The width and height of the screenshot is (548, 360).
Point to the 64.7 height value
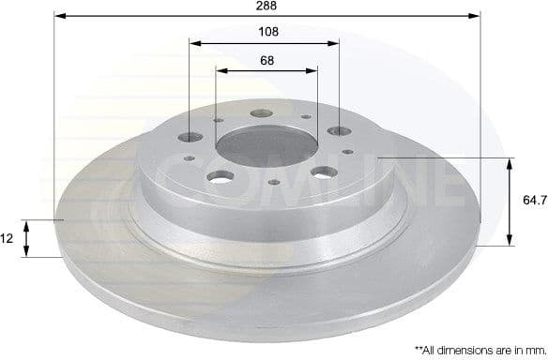[530, 200]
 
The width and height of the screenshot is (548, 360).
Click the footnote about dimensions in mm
[475, 348]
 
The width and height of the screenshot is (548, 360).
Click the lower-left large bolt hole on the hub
[222, 176]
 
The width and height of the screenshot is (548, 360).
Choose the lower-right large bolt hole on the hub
[323, 172]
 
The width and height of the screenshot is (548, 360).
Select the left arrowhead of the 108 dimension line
[195, 42]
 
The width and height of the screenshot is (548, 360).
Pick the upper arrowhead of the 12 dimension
[28, 225]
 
